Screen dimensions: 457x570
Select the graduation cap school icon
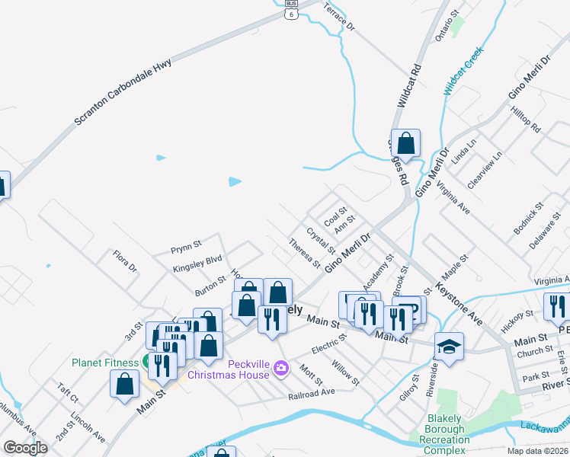click(x=449, y=347)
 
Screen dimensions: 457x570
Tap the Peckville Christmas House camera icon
click(x=281, y=369)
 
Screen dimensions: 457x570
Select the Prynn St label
click(x=185, y=245)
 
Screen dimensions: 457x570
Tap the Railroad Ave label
click(x=312, y=393)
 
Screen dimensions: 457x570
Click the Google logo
click(x=25, y=448)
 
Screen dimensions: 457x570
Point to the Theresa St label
click(x=304, y=253)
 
